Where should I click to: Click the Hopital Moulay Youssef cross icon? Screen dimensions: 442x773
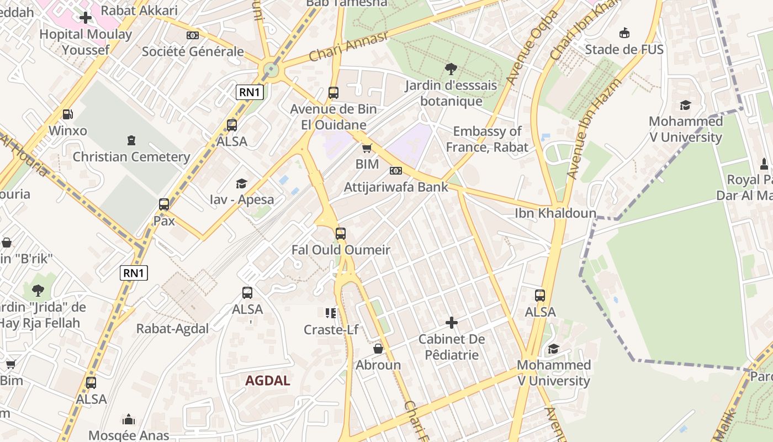click(x=85, y=18)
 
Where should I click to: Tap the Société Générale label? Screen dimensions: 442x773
click(x=193, y=51)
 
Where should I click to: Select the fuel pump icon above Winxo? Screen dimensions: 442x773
click(x=68, y=114)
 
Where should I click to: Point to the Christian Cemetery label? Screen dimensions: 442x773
click(x=131, y=156)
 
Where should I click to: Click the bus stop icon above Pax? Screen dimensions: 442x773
click(x=164, y=204)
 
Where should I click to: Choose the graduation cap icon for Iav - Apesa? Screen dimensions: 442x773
click(x=241, y=183)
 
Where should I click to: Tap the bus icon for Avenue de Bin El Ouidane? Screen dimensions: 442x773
click(x=333, y=93)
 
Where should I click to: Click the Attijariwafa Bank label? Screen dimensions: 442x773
click(x=396, y=187)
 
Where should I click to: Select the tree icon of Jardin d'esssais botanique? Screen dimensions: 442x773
click(x=451, y=69)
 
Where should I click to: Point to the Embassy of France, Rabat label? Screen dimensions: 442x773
click(x=486, y=139)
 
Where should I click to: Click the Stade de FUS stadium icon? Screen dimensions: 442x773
click(x=624, y=33)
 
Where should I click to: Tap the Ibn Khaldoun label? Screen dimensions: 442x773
click(x=555, y=213)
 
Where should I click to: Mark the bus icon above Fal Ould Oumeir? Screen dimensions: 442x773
click(x=341, y=234)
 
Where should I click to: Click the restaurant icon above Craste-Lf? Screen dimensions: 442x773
click(x=331, y=314)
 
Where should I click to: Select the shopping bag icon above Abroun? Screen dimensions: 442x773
click(x=378, y=349)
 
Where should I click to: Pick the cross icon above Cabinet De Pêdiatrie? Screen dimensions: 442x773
click(x=452, y=323)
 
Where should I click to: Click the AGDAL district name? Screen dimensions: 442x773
click(x=268, y=381)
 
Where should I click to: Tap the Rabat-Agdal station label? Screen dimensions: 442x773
click(x=172, y=329)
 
